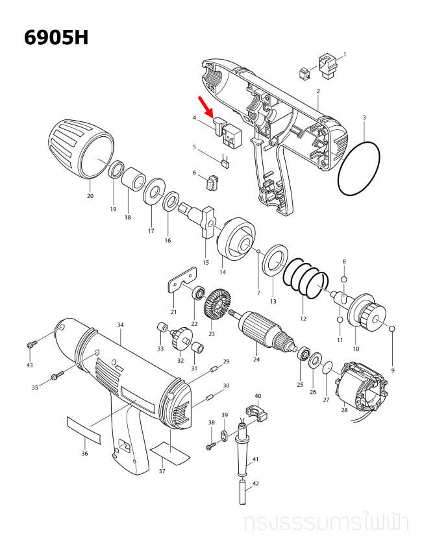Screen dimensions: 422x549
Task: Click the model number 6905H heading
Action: [x=56, y=38]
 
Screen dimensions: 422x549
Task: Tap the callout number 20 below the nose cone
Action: [x=90, y=196]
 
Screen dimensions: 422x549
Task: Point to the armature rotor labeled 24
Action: [x=266, y=329]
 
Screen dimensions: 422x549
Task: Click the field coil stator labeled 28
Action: [x=362, y=386]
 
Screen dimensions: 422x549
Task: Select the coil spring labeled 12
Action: [x=305, y=278]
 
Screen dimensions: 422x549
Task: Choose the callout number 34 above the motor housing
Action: [x=120, y=325]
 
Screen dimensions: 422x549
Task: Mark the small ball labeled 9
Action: [x=392, y=329]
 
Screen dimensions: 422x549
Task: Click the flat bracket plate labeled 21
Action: [x=182, y=279]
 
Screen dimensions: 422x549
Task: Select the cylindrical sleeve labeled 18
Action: [x=134, y=179]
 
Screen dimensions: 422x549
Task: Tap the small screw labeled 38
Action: [x=211, y=446]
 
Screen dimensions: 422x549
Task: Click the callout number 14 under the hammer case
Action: [x=223, y=273]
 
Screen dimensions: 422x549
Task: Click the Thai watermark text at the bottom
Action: [x=325, y=524]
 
